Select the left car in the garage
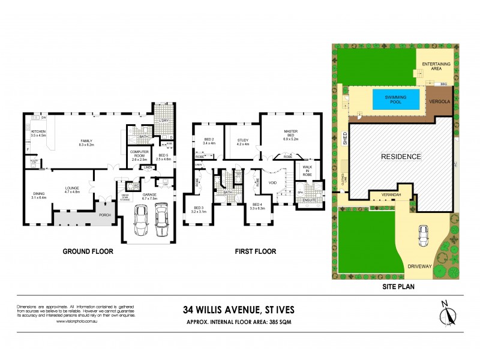click(x=142, y=220)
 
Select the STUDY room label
click(x=242, y=142)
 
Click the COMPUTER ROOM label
click(x=139, y=154)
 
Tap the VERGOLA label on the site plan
click(x=439, y=101)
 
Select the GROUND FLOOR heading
click(x=88, y=251)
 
